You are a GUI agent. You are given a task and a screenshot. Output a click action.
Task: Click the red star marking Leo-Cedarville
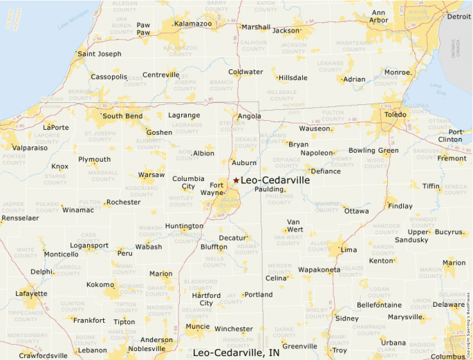pos(236,180)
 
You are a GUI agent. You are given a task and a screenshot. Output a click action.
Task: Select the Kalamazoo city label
pos(193,23)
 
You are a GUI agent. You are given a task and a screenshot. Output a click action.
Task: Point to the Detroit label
pos(458,17)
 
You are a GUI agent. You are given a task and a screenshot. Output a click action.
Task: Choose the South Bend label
pos(122,115)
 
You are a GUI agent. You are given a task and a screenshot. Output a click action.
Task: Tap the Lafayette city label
pos(31,293)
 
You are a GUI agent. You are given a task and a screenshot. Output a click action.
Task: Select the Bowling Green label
pos(373,150)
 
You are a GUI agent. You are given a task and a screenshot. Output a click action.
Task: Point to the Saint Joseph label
pos(99,54)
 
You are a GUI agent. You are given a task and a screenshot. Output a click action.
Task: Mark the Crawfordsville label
pos(43,356)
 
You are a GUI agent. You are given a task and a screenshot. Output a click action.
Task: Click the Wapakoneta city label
pos(318,269)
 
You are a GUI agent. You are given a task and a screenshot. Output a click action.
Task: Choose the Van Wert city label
pos(295,225)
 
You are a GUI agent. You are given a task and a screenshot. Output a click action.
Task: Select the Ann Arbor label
pos(379,16)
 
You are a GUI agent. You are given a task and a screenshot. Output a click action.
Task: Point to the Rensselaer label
pos(20,218)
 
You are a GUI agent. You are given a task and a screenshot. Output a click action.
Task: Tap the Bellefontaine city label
pos(380,304)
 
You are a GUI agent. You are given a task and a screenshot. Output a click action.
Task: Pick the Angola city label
pos(249,116)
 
